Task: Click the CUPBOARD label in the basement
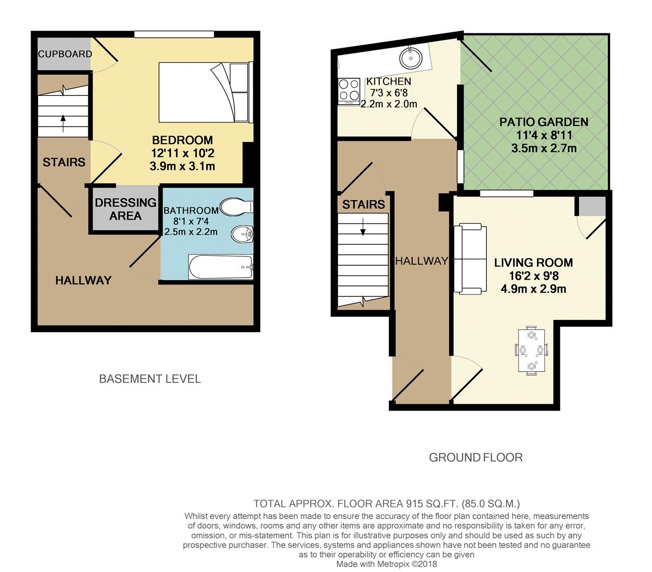65,54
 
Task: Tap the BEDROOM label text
182,140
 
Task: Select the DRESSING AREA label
126,209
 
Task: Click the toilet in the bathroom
236,207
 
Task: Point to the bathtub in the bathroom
221,267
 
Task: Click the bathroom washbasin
243,233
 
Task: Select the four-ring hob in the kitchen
349,90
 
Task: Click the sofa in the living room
470,259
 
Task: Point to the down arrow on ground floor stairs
363,229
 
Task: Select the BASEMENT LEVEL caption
150,379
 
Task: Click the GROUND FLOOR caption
475,458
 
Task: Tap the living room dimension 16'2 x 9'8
533,276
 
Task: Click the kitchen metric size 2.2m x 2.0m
388,104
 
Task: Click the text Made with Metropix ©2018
387,564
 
